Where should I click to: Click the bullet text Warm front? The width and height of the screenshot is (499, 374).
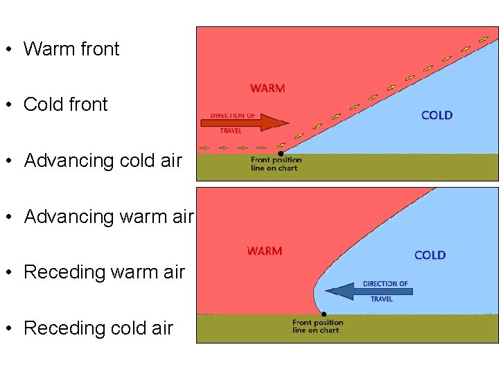(x=71, y=49)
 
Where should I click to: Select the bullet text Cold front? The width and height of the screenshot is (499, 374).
(x=65, y=105)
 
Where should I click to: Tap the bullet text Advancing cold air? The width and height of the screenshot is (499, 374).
(x=103, y=161)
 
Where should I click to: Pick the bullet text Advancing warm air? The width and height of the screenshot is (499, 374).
(x=108, y=217)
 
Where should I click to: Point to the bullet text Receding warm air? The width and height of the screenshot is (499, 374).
(x=104, y=272)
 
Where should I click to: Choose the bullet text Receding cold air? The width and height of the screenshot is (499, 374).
(x=98, y=328)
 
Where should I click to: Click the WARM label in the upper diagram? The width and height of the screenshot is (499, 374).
(x=268, y=88)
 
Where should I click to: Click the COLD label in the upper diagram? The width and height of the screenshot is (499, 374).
(x=437, y=115)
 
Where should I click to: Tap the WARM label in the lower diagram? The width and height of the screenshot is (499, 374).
(x=265, y=251)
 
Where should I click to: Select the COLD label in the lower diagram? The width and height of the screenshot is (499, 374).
(x=430, y=255)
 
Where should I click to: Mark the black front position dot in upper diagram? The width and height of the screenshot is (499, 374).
(x=280, y=153)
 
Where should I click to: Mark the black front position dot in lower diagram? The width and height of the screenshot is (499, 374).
(x=324, y=314)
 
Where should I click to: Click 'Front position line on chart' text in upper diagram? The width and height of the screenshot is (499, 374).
(x=277, y=164)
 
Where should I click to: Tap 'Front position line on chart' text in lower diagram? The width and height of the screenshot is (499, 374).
(x=317, y=326)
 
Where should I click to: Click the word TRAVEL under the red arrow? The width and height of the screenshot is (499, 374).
(x=231, y=131)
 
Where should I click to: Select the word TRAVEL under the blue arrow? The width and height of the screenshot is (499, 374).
(x=381, y=299)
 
